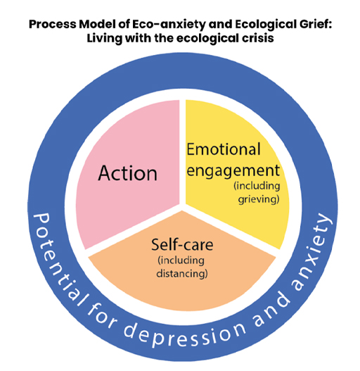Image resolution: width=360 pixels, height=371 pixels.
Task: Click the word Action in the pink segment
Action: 127,172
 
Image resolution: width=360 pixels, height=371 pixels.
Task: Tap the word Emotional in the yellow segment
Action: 223,149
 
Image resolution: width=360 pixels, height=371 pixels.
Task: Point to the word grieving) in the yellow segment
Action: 259,199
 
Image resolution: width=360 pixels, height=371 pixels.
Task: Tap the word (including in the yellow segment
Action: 258,187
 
